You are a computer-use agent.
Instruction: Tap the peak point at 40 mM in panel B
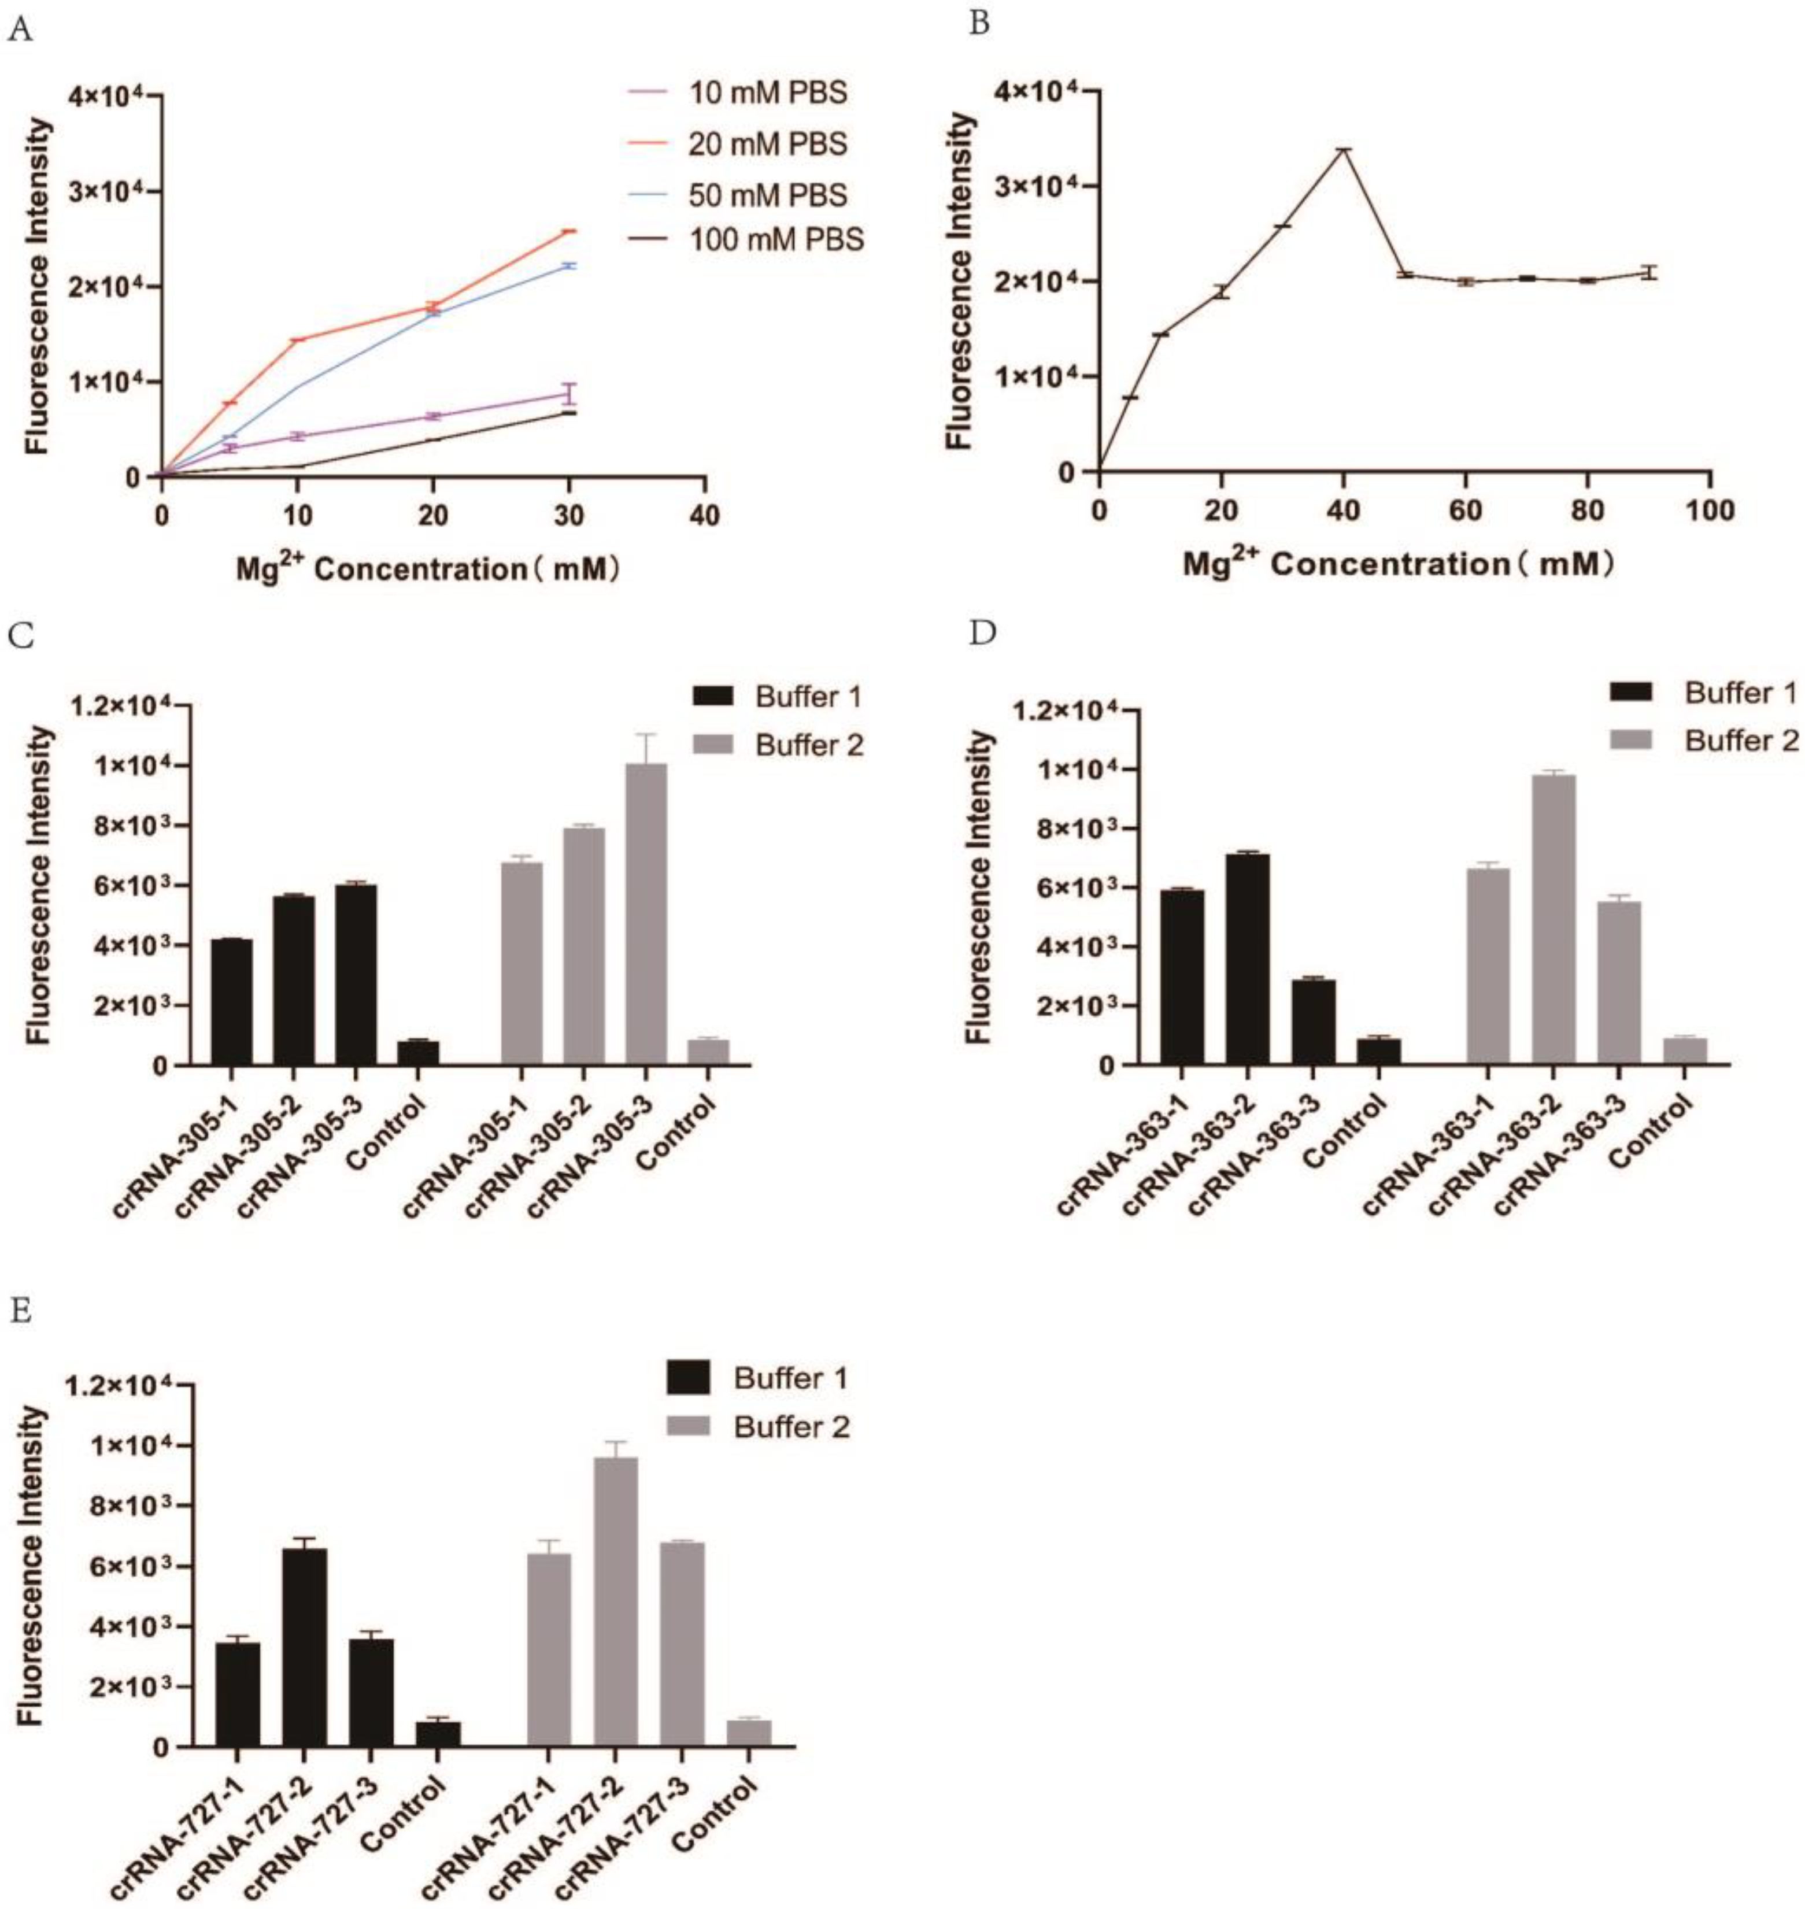tap(1343, 149)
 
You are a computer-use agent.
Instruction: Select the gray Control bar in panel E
tap(749, 1732)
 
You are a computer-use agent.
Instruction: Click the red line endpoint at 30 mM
tap(569, 231)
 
